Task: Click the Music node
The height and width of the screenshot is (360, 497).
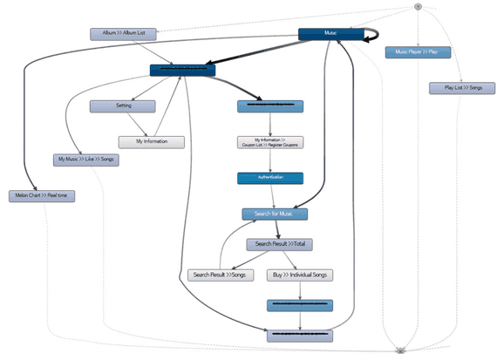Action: [x=330, y=34]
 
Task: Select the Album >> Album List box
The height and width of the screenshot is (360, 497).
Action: [x=123, y=34]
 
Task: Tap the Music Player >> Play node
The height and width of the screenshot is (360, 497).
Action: [x=418, y=52]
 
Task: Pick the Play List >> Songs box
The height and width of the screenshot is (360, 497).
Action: [x=457, y=88]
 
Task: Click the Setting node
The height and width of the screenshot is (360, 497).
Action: [x=122, y=106]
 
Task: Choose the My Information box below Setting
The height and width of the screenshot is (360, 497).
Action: [x=152, y=141]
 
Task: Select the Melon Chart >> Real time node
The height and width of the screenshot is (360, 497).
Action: [x=43, y=196]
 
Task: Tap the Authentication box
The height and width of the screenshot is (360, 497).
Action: [x=269, y=178]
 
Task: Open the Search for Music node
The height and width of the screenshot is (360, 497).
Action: [x=275, y=214]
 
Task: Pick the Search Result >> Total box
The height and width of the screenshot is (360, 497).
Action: [x=279, y=244]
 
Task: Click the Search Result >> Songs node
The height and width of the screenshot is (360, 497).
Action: [x=218, y=275]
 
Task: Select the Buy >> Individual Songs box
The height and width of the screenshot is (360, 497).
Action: [x=299, y=275]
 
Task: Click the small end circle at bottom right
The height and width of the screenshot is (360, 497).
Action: [x=399, y=350]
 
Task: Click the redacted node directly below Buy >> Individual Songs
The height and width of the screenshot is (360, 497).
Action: [x=300, y=306]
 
